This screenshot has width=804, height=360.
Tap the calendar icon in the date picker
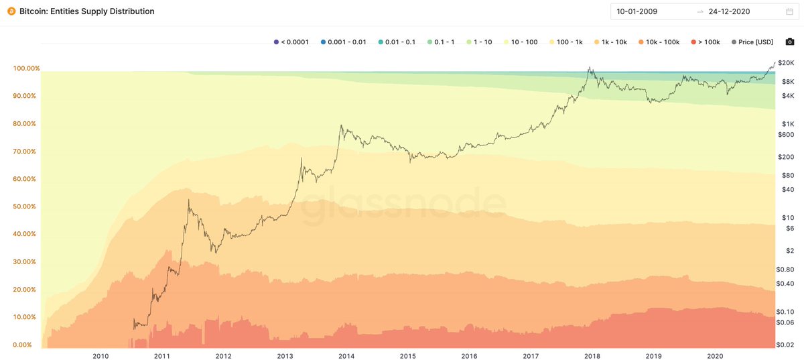click(x=789, y=11)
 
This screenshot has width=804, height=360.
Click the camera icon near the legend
click(x=790, y=42)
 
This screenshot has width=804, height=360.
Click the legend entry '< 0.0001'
click(x=292, y=42)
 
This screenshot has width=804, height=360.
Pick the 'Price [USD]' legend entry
click(x=752, y=42)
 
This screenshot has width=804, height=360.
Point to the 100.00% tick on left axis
click(x=25, y=68)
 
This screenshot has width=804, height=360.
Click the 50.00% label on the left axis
click(x=25, y=206)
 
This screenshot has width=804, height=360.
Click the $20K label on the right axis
click(x=787, y=63)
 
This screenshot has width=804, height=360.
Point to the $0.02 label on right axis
click(x=787, y=345)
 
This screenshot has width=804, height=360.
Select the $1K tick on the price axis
click(x=787, y=123)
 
